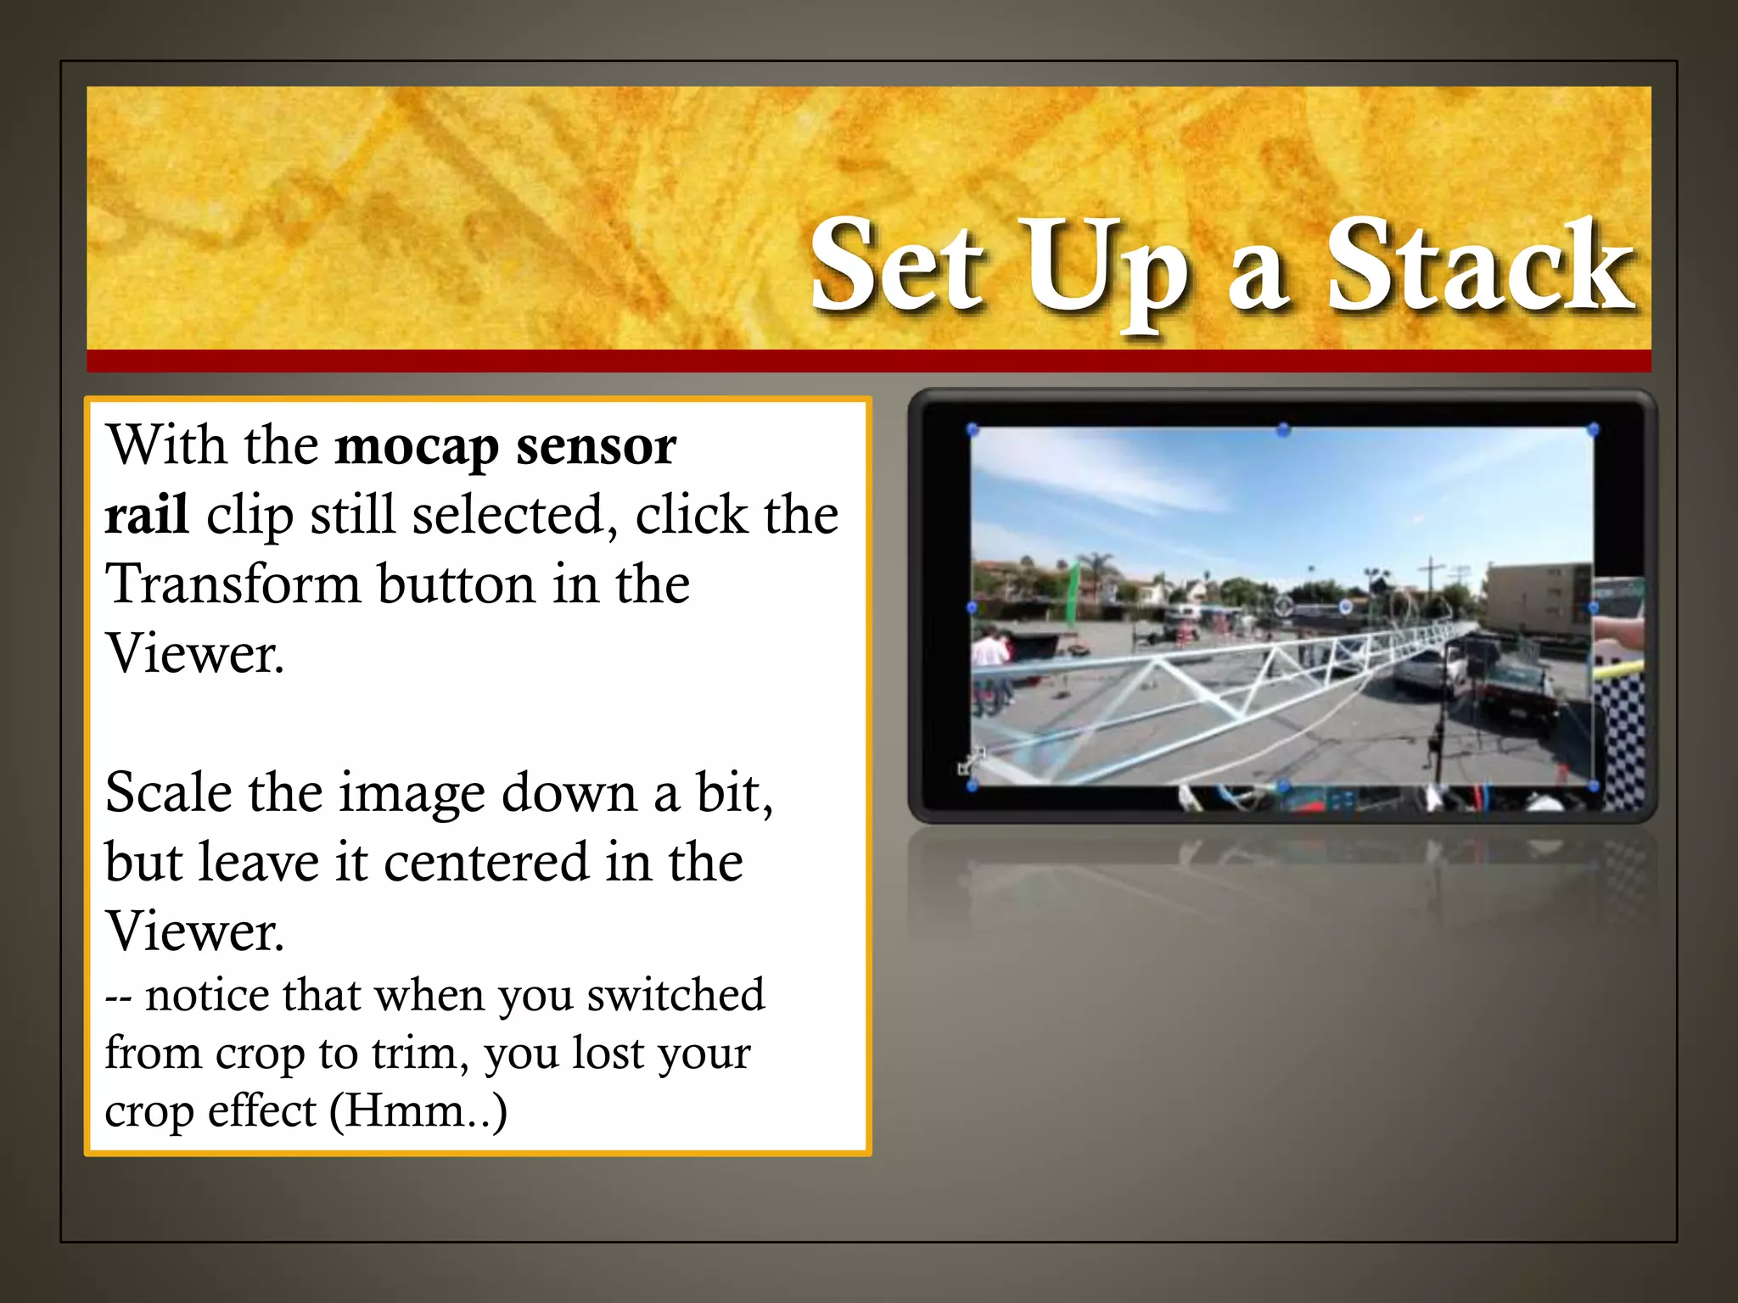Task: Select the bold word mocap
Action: click(x=416, y=446)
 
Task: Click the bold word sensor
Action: click(x=596, y=446)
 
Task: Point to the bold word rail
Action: click(x=146, y=515)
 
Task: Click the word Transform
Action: click(x=233, y=584)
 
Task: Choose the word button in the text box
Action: click(x=456, y=584)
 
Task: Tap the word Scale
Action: click(x=168, y=792)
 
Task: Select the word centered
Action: click(x=486, y=862)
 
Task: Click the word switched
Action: click(x=676, y=995)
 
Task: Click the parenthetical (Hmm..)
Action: click(x=418, y=1111)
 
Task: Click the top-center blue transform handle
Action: click(x=1283, y=429)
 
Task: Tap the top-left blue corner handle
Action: click(x=973, y=430)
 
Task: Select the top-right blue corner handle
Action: click(x=1593, y=430)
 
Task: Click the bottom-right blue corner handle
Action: click(x=1593, y=786)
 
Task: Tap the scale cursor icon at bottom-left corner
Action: click(x=969, y=762)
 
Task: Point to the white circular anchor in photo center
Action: click(x=1283, y=606)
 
